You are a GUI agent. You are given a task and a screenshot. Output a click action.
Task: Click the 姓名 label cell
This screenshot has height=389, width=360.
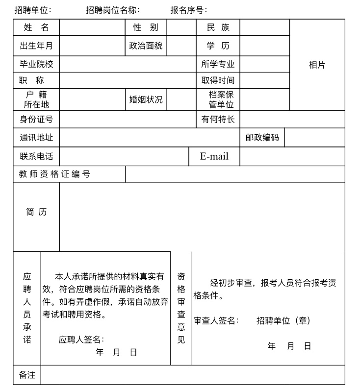(x=36, y=27)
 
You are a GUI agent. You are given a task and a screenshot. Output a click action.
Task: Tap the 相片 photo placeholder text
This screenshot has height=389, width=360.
(x=317, y=65)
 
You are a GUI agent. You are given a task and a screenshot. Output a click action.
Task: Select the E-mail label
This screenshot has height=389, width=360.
(x=214, y=156)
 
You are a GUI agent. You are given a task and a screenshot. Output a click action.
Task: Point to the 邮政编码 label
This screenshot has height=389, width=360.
(x=262, y=138)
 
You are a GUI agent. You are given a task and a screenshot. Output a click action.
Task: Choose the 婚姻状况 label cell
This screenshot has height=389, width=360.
(x=146, y=99)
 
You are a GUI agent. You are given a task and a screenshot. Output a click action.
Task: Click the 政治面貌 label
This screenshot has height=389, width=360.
(x=146, y=46)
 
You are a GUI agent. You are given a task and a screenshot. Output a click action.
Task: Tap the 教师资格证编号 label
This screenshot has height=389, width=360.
(x=55, y=174)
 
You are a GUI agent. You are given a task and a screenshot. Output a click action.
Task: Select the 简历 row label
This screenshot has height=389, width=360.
(x=36, y=212)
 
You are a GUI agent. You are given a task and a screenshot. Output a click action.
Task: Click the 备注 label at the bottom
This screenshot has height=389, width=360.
(x=27, y=375)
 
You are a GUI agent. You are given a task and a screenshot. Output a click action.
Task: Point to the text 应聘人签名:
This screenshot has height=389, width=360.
(x=81, y=339)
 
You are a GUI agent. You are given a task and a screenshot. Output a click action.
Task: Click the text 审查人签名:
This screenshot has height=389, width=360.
(x=216, y=320)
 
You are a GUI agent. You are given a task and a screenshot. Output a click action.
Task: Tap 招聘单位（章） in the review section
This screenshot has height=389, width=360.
(x=283, y=320)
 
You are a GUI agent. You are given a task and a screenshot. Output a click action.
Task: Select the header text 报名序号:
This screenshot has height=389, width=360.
(x=189, y=10)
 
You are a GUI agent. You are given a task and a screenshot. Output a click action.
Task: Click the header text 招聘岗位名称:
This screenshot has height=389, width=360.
(x=113, y=10)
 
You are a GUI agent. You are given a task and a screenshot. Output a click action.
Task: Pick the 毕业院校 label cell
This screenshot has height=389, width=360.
(x=36, y=64)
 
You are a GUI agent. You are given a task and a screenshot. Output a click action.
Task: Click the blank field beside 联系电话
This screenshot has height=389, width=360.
(x=124, y=156)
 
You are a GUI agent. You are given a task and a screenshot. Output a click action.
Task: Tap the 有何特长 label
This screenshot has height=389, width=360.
(x=218, y=119)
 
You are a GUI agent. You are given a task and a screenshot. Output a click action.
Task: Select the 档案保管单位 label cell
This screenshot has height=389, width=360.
(x=218, y=99)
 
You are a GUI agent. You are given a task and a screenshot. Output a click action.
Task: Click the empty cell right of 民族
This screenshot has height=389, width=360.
(x=264, y=27)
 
